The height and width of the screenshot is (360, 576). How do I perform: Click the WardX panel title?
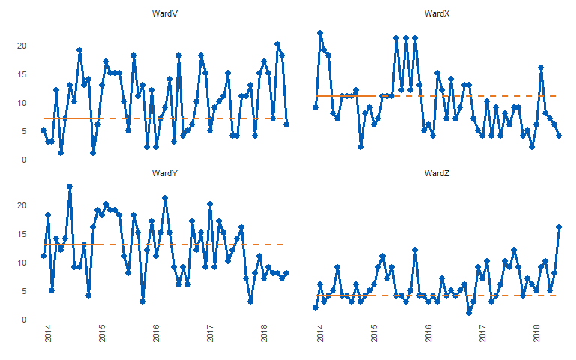pos(436,13)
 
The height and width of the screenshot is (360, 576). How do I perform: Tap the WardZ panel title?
pos(436,173)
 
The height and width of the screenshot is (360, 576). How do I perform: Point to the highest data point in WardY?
pos(70,187)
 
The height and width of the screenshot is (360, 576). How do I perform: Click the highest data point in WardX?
pos(320,33)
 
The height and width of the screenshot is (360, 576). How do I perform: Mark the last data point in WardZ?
pos(559,227)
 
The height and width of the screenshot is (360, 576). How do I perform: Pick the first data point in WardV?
pos(43,130)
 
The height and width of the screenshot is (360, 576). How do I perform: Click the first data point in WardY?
pos(43,256)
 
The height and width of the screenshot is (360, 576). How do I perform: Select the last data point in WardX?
pos(559,136)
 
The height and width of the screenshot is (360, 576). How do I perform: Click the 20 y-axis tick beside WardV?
pos(22,46)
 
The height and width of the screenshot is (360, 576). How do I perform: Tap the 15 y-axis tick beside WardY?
pos(22,234)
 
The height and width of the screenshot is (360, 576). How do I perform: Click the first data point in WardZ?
pos(316,307)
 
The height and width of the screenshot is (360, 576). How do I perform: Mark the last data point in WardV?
pos(286,124)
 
